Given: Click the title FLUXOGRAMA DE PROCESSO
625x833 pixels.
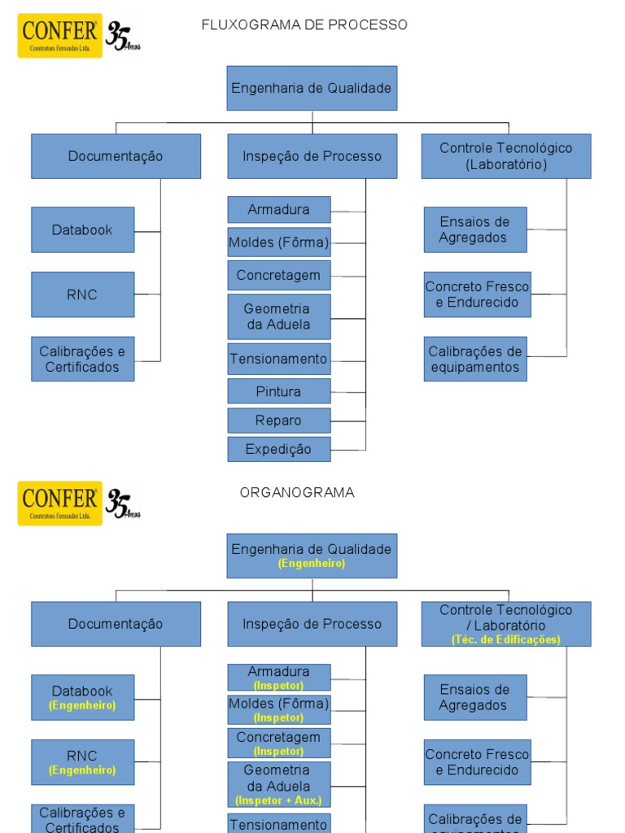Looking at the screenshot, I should click(x=304, y=25).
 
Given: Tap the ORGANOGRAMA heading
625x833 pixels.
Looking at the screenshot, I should click(x=297, y=493).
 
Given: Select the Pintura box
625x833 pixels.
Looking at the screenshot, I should click(x=279, y=391).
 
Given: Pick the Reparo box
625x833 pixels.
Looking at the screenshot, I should click(x=279, y=421).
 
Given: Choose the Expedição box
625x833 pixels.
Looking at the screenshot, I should click(x=279, y=449).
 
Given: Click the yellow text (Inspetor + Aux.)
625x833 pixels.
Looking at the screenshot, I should click(x=279, y=800).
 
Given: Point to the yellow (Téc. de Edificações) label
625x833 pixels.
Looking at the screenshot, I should click(x=506, y=640).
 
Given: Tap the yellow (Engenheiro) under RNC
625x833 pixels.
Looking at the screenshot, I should click(x=82, y=770).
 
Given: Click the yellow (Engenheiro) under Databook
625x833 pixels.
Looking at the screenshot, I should click(x=82, y=705).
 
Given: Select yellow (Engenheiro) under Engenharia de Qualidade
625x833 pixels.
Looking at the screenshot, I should click(x=312, y=563).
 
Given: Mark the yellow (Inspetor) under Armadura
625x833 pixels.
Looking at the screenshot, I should click(x=279, y=686).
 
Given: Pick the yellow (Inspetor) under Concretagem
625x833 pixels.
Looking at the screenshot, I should click(x=279, y=751).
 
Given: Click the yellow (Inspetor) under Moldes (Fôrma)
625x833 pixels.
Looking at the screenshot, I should click(x=279, y=717).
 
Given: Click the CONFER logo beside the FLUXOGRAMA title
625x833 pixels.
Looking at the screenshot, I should click(x=61, y=36).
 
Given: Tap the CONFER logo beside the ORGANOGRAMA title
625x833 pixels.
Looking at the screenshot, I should click(x=61, y=504).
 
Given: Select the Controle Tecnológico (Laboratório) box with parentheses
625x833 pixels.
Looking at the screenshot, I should click(x=506, y=156).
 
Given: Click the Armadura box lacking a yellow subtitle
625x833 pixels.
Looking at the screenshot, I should click(x=279, y=209).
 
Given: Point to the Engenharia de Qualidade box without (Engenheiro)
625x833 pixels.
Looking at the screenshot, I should click(x=312, y=88).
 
